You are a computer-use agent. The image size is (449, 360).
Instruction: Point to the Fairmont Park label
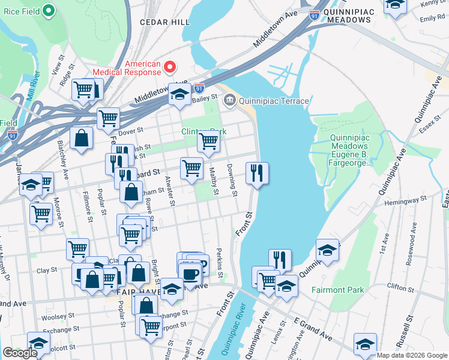338,290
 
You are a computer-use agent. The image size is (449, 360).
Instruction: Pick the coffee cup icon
191,275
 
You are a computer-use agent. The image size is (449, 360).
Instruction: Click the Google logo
20,353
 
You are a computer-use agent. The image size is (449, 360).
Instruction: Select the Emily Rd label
432,19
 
